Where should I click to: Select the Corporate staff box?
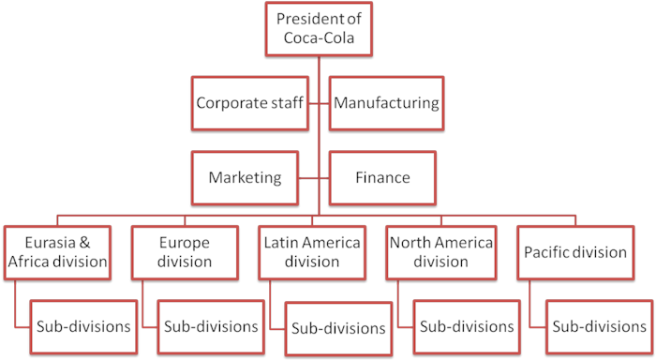pos(249,102)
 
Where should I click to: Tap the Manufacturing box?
pos(386,102)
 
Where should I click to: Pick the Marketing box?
pos(246,177)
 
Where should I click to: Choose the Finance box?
pos(382,177)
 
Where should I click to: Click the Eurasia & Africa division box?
pos(58,252)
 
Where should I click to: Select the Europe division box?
pos(184,252)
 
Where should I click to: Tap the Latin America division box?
pos(312,252)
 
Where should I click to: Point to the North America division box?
pos(440,252)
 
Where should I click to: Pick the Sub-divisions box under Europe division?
pos(211,327)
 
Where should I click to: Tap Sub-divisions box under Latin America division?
pos(338,328)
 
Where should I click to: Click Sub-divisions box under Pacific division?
pos(596,327)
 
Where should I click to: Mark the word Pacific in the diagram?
pos(547,252)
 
